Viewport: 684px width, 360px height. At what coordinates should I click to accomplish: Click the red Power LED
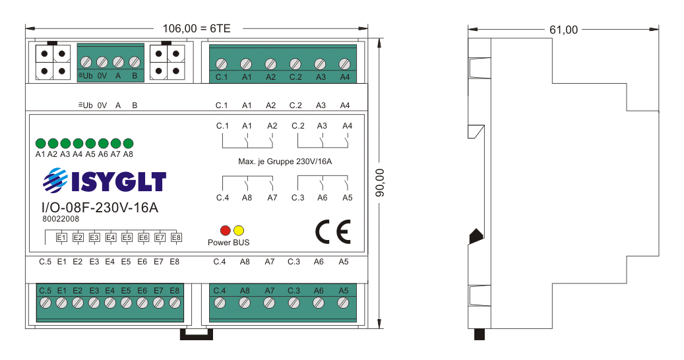[x=225, y=230]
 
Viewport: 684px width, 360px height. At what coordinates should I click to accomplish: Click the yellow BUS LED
[x=239, y=230]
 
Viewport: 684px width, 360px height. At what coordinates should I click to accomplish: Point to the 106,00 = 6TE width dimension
[x=197, y=28]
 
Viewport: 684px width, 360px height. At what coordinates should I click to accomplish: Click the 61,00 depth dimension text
[x=563, y=30]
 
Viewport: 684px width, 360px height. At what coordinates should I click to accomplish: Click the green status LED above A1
[x=40, y=143]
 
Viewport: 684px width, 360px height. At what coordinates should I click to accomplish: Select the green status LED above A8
[x=128, y=143]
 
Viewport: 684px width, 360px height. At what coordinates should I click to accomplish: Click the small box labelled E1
[x=61, y=237]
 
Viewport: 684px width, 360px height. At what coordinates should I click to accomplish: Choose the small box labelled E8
[x=176, y=237]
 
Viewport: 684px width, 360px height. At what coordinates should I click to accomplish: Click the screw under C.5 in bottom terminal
[x=46, y=303]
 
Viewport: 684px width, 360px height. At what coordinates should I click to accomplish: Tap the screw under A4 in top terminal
[x=344, y=64]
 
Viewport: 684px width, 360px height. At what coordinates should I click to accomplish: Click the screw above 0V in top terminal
[x=102, y=62]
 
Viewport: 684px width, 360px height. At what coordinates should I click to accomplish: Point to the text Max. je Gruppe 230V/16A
[x=284, y=161]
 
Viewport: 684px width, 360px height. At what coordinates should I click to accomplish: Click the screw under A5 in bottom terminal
[x=343, y=303]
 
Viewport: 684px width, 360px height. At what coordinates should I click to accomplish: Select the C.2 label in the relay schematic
[x=297, y=125]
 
